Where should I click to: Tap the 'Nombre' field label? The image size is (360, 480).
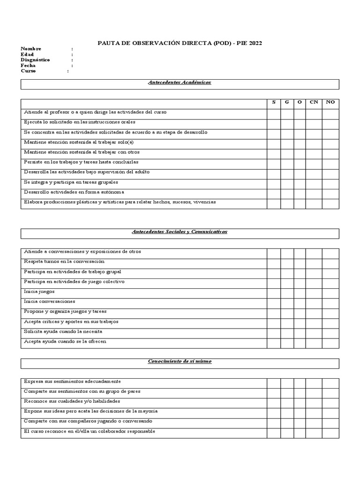pos(31,49)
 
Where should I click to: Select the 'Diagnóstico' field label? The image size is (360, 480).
pos(35,60)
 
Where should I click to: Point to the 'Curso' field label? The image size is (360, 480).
pos(28,71)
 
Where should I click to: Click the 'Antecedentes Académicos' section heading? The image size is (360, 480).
pos(180,82)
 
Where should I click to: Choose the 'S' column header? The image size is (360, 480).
pos(274,102)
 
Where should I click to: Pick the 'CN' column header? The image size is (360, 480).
pos(314,102)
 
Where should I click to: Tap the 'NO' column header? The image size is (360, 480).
pos(330,102)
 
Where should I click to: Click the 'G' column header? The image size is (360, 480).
pos(287,102)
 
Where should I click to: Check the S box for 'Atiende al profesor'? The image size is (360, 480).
pos(274,113)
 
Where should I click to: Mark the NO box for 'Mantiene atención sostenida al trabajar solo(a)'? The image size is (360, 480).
pos(330,143)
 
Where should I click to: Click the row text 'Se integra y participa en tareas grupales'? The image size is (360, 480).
pos(71,182)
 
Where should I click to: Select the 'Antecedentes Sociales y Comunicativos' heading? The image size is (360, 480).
pos(180,232)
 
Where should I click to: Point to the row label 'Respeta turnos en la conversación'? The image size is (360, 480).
pos(64,262)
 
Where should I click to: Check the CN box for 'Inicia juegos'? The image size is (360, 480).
pos(314,292)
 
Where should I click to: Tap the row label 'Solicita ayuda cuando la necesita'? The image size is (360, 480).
pos(63,331)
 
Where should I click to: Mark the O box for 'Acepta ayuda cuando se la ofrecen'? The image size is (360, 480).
pos(300,342)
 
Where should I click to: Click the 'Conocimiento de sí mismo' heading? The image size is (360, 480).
pos(180,361)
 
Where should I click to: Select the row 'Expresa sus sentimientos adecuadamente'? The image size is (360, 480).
pos(72,382)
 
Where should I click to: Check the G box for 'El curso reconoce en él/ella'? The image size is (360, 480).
pos(287,432)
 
